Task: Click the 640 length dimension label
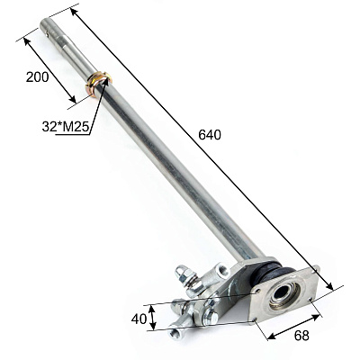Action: click(x=210, y=135)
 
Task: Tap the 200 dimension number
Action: click(x=37, y=77)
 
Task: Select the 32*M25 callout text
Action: click(x=66, y=127)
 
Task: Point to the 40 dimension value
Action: click(x=139, y=319)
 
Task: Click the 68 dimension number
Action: click(x=301, y=336)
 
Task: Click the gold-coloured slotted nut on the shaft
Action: click(x=99, y=84)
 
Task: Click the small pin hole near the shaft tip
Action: click(x=48, y=34)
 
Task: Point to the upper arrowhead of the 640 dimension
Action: click(x=74, y=13)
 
